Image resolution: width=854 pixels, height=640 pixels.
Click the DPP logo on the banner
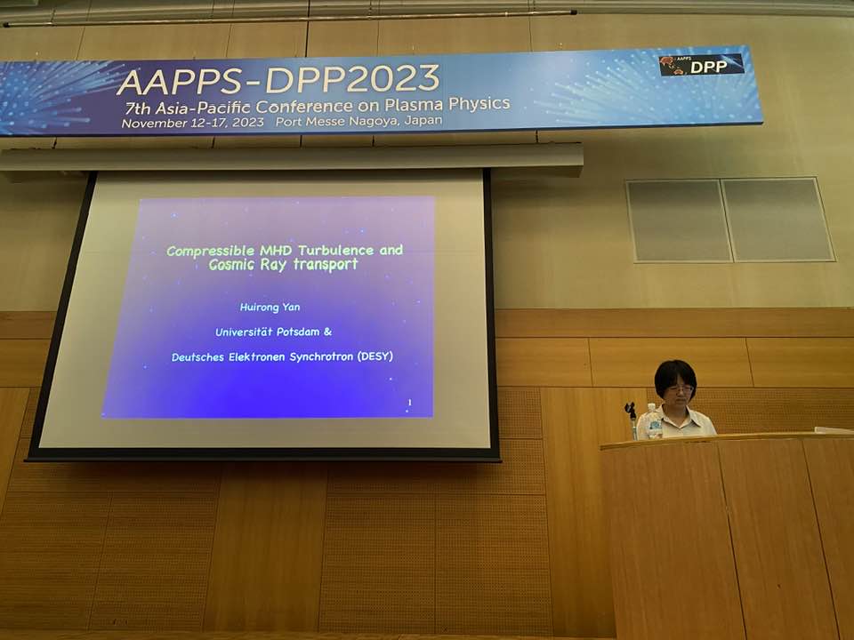click(701, 65)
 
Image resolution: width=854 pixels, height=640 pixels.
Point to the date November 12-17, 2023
click(193, 123)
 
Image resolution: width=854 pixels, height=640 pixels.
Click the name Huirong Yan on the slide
click(270, 308)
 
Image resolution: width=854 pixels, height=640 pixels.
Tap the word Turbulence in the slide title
click(336, 251)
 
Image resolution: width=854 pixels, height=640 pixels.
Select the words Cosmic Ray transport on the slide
click(283, 265)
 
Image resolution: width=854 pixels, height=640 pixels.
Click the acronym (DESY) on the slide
click(375, 356)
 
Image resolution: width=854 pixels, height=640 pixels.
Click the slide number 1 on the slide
click(409, 402)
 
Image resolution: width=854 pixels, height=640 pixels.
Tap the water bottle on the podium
click(653, 421)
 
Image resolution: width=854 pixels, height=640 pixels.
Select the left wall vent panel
click(679, 220)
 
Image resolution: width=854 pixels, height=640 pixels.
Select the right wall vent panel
click(777, 219)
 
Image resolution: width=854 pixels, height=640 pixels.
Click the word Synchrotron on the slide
click(321, 357)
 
